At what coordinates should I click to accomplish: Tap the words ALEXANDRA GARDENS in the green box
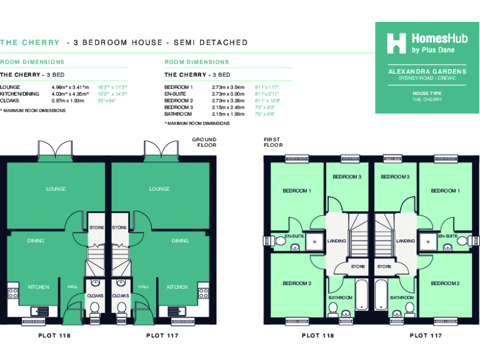(x=427, y=72)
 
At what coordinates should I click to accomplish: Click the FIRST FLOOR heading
(x=273, y=142)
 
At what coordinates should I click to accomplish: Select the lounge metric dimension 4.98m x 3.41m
(x=72, y=87)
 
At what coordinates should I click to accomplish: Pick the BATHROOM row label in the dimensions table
(x=177, y=114)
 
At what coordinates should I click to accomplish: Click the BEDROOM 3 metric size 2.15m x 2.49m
(x=228, y=107)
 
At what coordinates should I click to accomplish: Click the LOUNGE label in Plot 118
(x=56, y=189)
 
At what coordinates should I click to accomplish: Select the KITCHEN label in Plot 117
(x=177, y=287)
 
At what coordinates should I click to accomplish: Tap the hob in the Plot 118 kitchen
(x=12, y=292)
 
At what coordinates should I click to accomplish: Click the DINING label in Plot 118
(x=36, y=241)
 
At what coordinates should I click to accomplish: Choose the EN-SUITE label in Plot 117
(x=447, y=236)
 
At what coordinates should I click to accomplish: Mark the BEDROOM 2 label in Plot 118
(x=297, y=283)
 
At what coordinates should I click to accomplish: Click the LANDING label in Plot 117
(x=405, y=241)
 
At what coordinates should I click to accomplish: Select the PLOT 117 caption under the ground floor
(x=162, y=336)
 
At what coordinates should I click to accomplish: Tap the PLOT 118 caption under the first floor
(x=317, y=336)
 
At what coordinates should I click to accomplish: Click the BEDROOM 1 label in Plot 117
(x=444, y=191)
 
